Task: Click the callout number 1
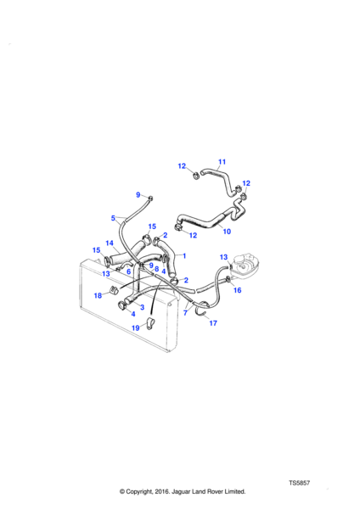point(184,256)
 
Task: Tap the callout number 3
point(142,307)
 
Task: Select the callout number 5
point(113,218)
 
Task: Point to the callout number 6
point(129,271)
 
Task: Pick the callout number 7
point(185,313)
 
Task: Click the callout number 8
point(156,269)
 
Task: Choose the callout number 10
point(227,232)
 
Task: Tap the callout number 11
point(222,162)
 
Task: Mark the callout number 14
point(110,243)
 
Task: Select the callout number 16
point(238,290)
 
